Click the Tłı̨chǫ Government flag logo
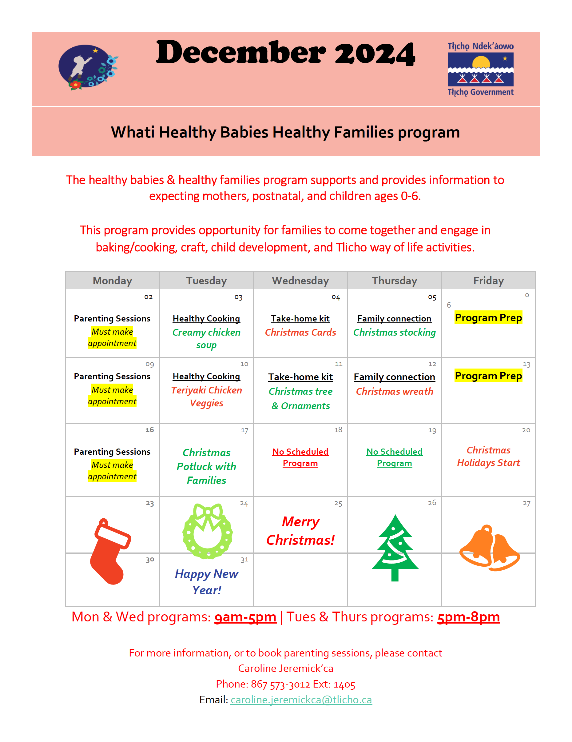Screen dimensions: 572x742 [480, 69]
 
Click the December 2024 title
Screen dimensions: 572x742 [285, 53]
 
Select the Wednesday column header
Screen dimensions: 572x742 [300, 280]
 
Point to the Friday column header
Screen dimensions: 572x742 [488, 280]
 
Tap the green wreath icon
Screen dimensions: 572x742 [207, 531]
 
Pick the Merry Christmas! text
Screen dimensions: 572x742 [300, 531]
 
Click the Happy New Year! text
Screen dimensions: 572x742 [207, 582]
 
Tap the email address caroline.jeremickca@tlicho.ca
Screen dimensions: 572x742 [301, 700]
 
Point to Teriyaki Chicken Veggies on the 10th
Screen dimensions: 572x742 [207, 396]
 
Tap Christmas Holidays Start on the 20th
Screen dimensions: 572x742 [488, 456]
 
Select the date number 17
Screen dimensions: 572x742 [244, 430]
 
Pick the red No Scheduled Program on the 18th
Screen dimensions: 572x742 [300, 457]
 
